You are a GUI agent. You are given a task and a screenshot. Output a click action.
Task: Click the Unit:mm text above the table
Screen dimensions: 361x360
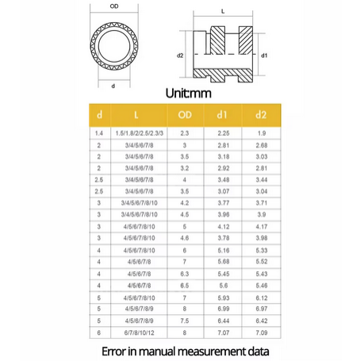point(189,93)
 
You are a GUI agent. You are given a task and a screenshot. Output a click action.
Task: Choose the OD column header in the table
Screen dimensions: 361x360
point(184,116)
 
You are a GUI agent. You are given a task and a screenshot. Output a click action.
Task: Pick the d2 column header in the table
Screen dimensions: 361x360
point(260,116)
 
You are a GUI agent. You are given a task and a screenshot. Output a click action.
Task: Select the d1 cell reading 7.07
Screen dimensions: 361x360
point(223,333)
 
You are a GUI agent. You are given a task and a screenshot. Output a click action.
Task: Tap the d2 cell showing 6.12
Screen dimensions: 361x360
point(260,298)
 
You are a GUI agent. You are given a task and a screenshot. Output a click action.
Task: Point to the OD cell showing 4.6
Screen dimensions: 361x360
point(184,238)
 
